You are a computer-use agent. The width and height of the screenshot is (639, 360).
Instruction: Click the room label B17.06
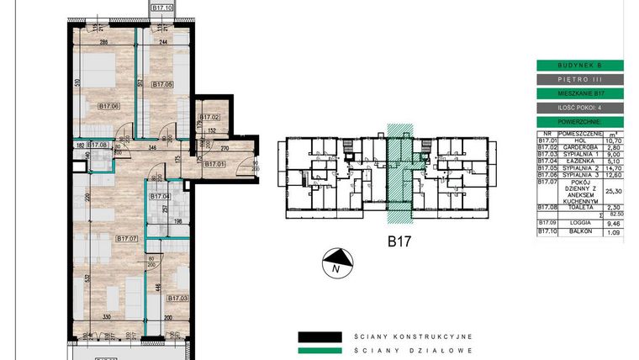click(108, 106)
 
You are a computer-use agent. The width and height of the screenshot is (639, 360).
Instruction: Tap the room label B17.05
click(162, 85)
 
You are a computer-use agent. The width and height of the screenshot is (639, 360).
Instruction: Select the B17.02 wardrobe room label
click(209, 117)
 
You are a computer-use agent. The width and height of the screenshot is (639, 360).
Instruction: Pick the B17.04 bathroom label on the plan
click(160, 197)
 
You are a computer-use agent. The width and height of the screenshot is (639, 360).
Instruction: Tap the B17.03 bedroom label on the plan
click(177, 298)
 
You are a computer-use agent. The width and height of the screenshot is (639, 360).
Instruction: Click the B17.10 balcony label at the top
click(162, 8)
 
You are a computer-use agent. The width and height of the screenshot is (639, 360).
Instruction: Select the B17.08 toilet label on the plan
click(100, 146)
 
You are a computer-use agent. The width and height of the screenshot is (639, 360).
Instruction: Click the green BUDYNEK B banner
click(579, 65)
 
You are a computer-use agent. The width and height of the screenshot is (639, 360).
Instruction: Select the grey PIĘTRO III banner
click(579, 79)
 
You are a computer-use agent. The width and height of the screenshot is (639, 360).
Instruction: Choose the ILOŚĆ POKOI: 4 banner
click(579, 108)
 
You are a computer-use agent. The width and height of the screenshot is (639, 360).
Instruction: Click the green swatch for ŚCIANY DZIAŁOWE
click(319, 350)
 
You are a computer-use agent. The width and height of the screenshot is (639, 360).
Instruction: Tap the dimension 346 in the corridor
click(151, 148)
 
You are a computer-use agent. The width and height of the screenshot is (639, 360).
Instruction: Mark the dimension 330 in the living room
click(108, 317)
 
